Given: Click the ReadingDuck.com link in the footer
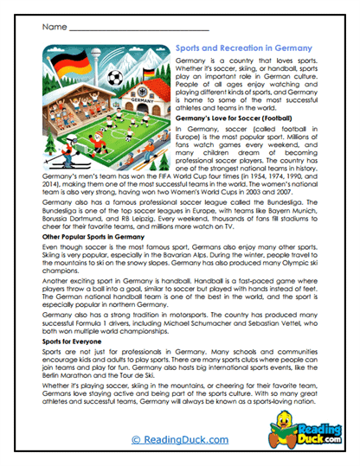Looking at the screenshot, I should point(180,439).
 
